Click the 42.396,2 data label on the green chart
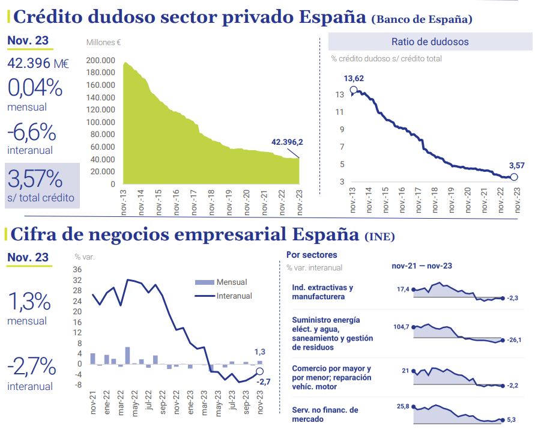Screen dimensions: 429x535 click(x=287, y=142)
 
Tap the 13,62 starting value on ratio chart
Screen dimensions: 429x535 click(x=354, y=79)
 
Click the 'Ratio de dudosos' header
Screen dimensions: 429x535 click(x=430, y=42)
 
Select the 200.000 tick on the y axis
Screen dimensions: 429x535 click(x=101, y=60)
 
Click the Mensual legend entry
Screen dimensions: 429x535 click(x=232, y=282)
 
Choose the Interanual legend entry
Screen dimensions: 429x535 click(x=234, y=296)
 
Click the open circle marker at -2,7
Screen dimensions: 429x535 click(x=260, y=371)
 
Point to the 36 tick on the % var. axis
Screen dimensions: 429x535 click(x=78, y=270)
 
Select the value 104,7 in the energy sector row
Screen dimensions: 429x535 click(x=401, y=326)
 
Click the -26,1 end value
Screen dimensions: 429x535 click(x=513, y=341)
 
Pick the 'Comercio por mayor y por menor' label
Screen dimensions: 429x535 click(x=331, y=373)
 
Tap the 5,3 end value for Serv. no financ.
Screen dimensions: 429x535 click(x=512, y=421)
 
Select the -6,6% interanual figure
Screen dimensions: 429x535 click(x=32, y=132)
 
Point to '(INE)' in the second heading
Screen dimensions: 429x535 click(x=379, y=236)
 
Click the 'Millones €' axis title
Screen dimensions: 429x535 click(x=104, y=43)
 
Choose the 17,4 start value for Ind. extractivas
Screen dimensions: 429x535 click(x=403, y=290)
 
